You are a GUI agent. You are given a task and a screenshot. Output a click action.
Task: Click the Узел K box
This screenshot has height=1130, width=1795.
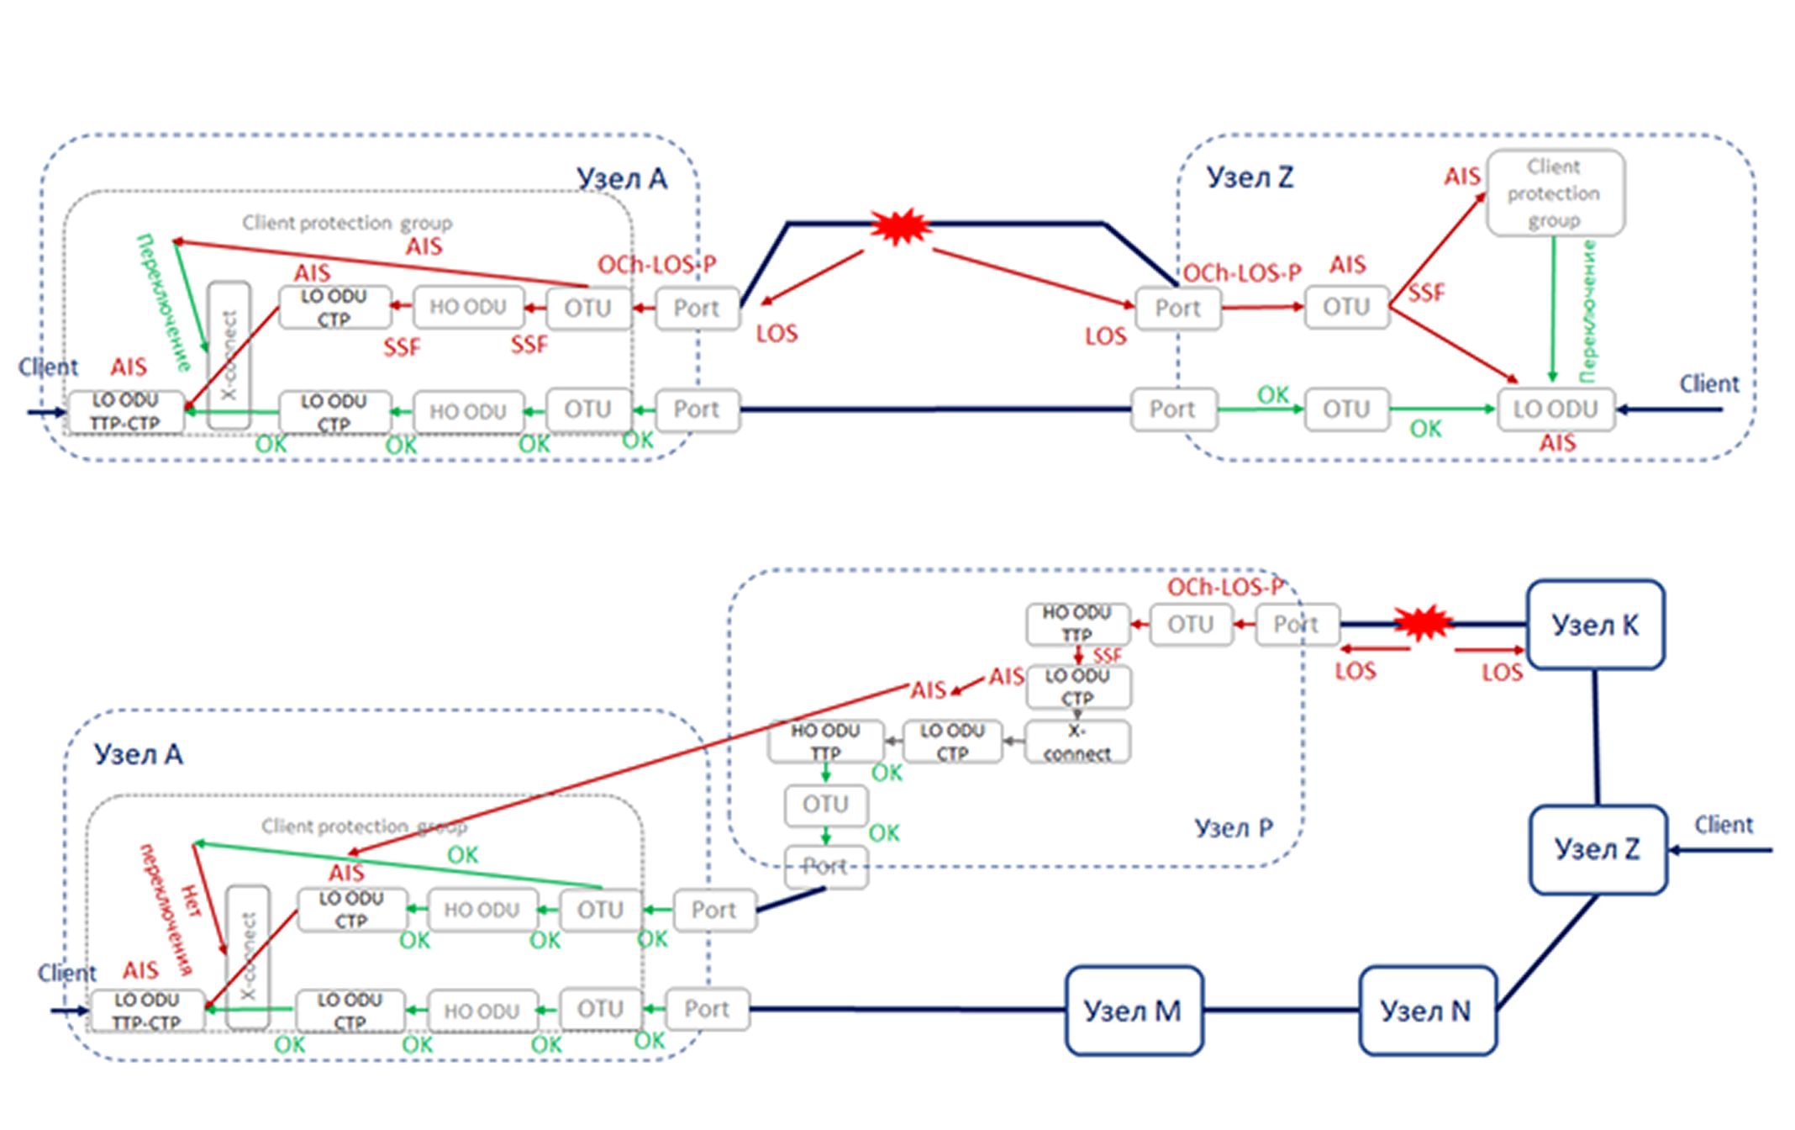(1595, 625)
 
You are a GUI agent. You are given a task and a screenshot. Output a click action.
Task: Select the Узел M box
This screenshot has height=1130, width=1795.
(1134, 1010)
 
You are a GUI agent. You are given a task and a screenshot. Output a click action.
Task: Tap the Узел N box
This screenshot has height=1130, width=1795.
(1427, 1010)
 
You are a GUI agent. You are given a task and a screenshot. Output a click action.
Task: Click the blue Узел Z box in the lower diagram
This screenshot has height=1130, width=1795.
(1598, 849)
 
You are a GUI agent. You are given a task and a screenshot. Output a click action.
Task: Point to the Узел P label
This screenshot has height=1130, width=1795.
(1234, 828)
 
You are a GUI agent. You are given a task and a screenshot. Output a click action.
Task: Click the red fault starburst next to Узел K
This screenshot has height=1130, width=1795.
(1423, 623)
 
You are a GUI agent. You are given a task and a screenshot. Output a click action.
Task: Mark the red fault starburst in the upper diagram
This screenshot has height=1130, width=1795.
(900, 225)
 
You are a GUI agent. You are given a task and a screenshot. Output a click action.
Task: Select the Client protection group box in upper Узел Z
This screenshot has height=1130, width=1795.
(1555, 193)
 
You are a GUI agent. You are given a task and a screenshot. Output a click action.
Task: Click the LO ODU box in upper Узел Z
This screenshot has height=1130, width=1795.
(1555, 409)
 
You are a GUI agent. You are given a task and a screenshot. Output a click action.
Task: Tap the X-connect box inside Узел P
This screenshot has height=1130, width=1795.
(1077, 742)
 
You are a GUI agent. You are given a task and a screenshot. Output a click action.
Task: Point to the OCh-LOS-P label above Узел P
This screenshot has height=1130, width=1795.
(1224, 588)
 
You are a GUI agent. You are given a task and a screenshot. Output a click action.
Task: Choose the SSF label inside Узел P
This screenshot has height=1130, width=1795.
(1107, 656)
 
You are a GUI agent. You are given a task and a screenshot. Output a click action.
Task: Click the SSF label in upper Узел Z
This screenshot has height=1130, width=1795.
(1427, 293)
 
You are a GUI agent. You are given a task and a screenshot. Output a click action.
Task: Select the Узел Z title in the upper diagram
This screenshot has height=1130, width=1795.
(1250, 177)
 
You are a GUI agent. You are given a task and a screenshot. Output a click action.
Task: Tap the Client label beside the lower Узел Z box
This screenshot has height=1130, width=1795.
(1724, 825)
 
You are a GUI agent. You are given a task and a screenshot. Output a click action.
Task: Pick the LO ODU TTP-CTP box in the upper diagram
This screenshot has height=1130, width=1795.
(125, 412)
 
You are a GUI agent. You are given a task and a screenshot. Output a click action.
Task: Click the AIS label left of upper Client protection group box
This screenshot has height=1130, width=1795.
(1461, 177)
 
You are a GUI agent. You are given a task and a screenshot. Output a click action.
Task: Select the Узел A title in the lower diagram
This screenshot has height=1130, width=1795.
(138, 754)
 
